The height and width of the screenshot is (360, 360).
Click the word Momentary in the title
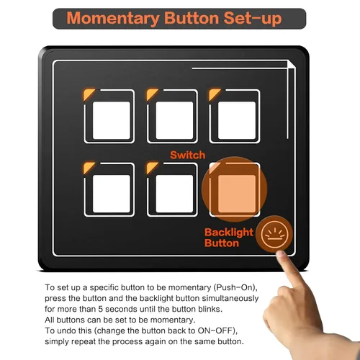(x=113, y=19)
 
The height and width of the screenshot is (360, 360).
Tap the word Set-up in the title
(x=253, y=19)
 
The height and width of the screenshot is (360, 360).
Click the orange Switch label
(x=188, y=155)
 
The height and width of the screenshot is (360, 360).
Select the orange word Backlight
(x=229, y=233)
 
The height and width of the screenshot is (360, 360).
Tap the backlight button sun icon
(x=274, y=234)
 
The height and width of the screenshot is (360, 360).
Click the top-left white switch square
(x=112, y=120)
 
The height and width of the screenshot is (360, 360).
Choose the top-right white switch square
(x=237, y=120)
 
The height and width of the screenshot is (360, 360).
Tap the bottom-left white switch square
(x=112, y=194)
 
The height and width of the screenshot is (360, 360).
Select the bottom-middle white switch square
(x=174, y=194)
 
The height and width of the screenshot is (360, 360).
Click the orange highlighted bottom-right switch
(x=237, y=194)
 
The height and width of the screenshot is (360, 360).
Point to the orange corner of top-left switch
(x=88, y=94)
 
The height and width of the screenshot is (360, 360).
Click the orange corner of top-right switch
(x=214, y=94)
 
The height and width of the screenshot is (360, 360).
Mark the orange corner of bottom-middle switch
(x=151, y=167)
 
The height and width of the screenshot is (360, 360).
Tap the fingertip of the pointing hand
(x=280, y=254)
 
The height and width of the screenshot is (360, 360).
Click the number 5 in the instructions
(x=100, y=309)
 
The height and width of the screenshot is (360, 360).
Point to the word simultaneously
(x=230, y=298)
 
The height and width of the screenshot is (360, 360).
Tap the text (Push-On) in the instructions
(x=235, y=287)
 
